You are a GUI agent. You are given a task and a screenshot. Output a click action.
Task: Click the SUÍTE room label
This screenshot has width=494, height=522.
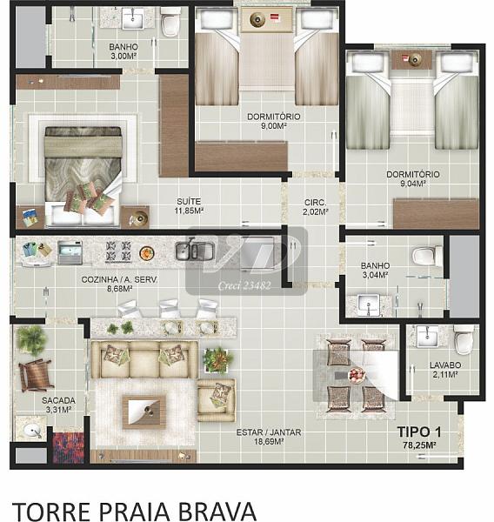(x=189, y=202)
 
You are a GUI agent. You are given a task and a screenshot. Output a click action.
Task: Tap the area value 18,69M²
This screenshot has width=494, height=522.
(x=269, y=442)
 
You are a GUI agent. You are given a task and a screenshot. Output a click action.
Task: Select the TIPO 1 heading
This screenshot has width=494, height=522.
(x=419, y=432)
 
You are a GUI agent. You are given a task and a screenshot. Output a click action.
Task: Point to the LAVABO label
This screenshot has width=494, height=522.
(x=445, y=365)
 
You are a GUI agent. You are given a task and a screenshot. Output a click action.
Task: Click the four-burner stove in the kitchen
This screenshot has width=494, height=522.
(x=118, y=251)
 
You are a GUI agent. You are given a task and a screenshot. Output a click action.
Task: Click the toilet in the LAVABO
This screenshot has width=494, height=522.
(x=464, y=339)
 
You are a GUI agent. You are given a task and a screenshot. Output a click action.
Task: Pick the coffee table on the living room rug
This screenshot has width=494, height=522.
(x=144, y=412)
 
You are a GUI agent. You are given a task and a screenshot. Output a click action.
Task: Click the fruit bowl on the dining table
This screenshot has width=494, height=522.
(x=357, y=375)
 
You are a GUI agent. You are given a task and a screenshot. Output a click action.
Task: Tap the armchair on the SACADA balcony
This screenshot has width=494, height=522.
(x=36, y=375)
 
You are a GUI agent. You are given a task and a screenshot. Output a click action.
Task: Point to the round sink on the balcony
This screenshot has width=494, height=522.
(x=32, y=430)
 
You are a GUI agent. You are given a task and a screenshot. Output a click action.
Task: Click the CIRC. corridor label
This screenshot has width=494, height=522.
(x=315, y=203)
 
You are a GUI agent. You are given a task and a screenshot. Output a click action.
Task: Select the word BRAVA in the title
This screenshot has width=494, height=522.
(x=217, y=511)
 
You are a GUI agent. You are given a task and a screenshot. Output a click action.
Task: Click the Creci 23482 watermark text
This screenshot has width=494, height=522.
(x=244, y=285)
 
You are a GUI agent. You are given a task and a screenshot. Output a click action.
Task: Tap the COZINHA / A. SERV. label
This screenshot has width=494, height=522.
(x=119, y=279)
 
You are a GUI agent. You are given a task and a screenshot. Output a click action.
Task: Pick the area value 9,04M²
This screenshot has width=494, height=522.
(x=413, y=184)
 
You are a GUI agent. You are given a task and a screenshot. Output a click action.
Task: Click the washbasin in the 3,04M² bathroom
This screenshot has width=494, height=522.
(x=368, y=304)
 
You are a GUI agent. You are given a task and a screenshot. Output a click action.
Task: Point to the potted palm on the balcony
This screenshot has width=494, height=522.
(x=31, y=338)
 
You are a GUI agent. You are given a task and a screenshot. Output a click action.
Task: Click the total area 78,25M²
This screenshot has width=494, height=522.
(x=419, y=445)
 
